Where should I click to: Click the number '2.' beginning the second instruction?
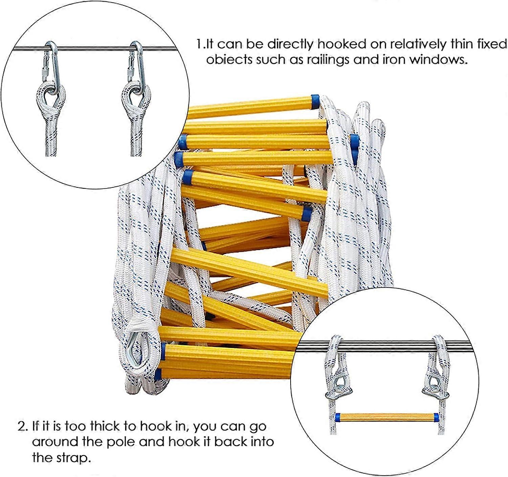click(x=23, y=426)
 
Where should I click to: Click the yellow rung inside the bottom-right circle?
click(x=386, y=417)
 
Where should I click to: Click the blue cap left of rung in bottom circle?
click(x=338, y=417)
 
